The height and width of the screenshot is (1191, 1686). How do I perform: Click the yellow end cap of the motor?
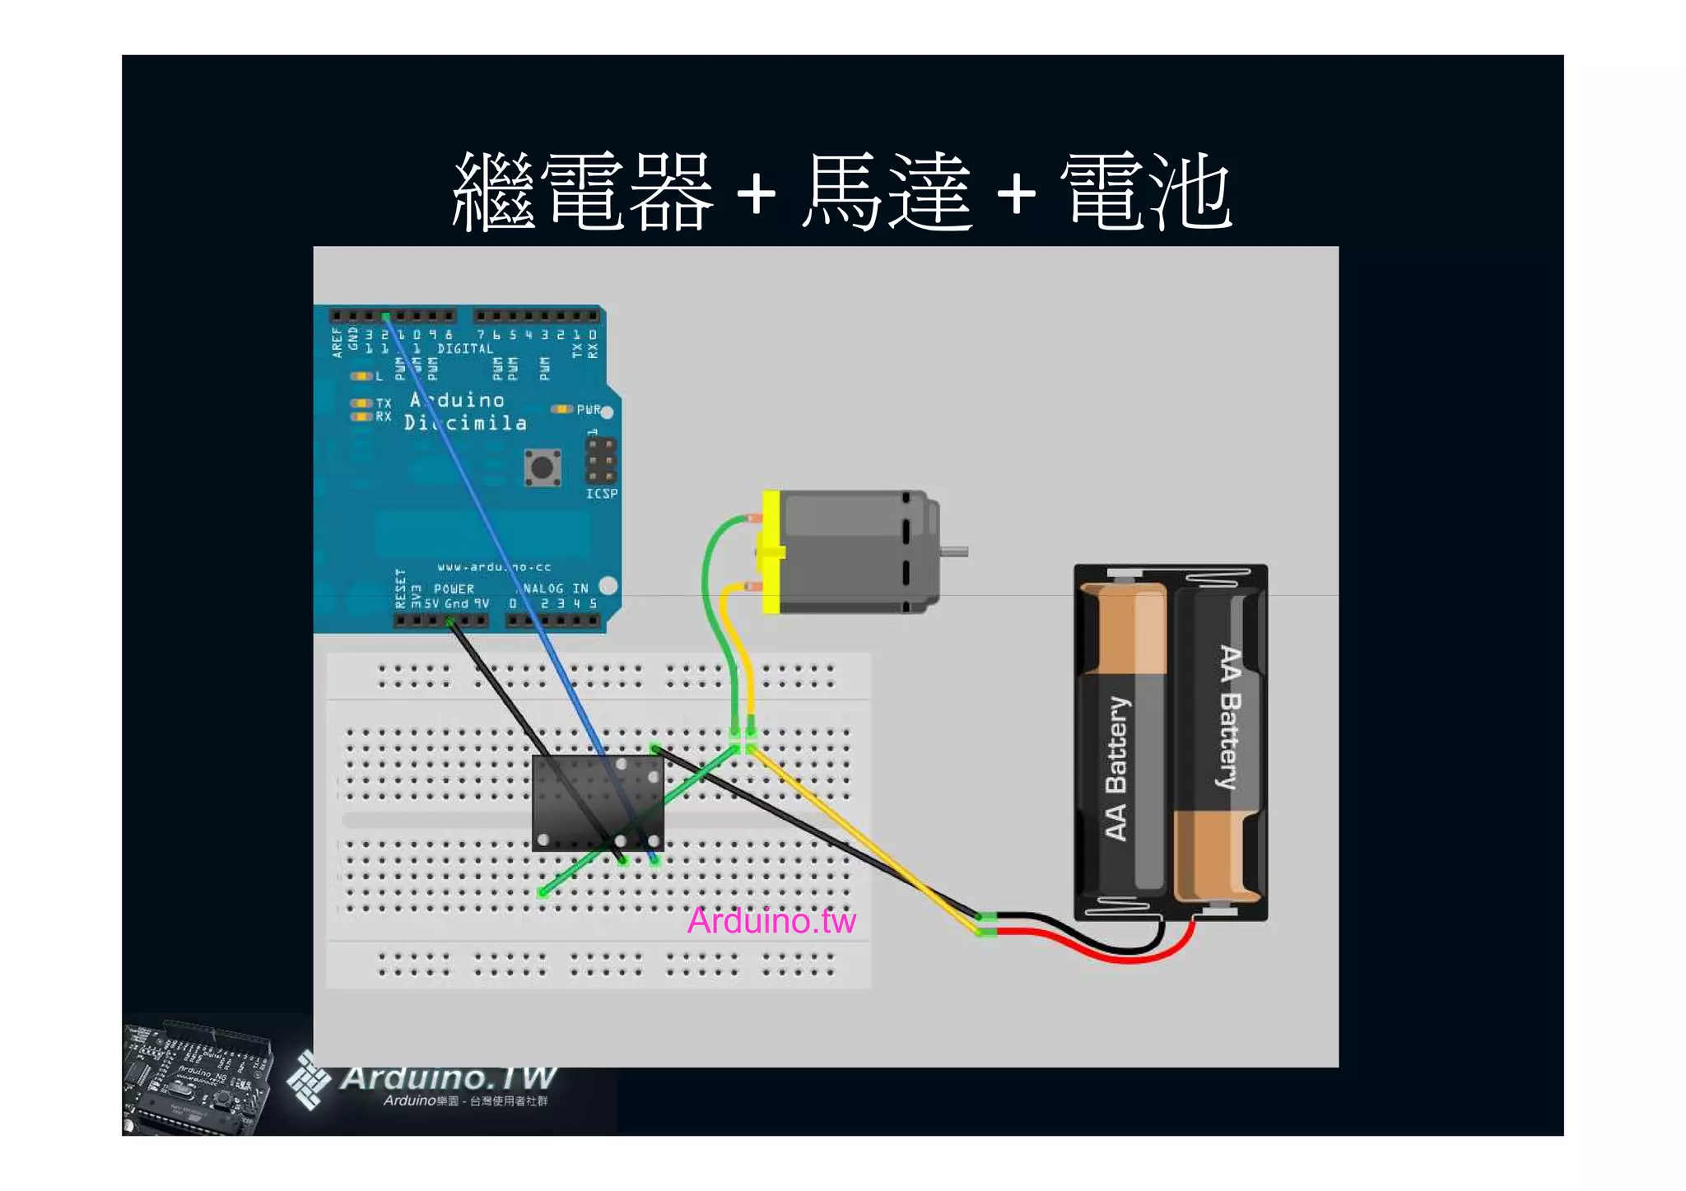pos(771,551)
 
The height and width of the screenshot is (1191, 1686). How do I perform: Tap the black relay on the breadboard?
pos(598,803)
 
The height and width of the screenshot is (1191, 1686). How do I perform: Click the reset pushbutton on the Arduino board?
pos(543,468)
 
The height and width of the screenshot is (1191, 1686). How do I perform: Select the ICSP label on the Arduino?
pos(602,494)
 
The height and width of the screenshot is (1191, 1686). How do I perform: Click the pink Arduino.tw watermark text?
pos(771,921)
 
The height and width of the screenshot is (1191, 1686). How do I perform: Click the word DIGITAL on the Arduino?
pos(465,349)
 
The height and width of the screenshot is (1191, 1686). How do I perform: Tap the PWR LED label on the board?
pos(589,409)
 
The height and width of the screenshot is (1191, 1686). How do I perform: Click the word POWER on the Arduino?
pos(454,589)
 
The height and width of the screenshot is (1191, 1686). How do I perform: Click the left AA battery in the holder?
pos(1121,741)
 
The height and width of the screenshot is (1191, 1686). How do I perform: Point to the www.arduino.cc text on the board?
pos(494,567)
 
